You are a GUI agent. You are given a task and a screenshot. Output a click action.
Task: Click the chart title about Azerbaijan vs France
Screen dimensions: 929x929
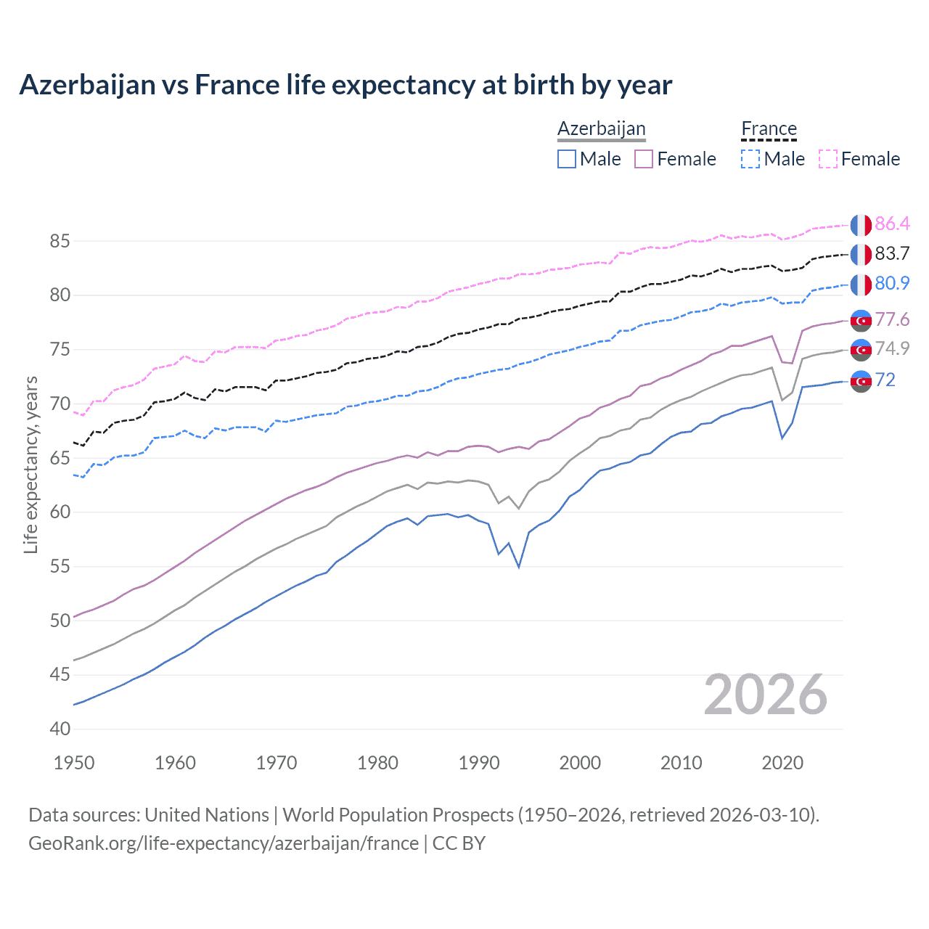click(345, 85)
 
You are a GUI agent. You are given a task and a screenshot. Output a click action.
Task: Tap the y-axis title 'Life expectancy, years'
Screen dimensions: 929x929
click(30, 464)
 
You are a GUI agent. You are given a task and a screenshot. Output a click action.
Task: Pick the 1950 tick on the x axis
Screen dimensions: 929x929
click(74, 763)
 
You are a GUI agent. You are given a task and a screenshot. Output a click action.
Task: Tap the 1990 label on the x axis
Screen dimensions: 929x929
click(479, 763)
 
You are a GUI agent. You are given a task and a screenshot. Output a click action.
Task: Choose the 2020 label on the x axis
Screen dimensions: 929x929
click(782, 763)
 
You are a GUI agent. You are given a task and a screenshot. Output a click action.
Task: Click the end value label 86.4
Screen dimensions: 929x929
click(892, 224)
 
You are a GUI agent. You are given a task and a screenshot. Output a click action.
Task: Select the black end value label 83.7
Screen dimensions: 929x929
click(892, 253)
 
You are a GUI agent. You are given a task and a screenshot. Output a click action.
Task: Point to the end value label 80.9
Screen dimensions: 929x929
click(892, 283)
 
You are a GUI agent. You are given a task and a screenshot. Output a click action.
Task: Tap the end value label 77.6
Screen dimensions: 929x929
click(892, 319)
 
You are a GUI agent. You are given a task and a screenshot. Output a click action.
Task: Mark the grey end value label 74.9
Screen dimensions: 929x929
click(892, 348)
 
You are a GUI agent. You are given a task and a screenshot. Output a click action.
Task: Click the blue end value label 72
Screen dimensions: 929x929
click(885, 380)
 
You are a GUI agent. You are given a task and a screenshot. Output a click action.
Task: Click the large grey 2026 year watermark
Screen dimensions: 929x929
click(766, 695)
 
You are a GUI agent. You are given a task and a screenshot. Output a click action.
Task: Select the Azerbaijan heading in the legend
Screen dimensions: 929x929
click(601, 129)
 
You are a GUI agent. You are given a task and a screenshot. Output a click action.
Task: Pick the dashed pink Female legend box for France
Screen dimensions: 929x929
click(828, 159)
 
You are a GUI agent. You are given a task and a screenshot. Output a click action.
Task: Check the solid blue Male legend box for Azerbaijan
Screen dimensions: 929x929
click(567, 159)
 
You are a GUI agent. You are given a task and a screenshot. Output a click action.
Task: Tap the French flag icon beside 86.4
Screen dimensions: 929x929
click(861, 225)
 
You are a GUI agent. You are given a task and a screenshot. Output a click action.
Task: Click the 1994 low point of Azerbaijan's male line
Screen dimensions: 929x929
click(519, 567)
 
